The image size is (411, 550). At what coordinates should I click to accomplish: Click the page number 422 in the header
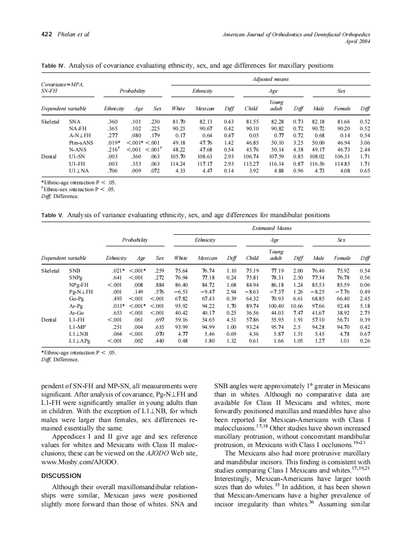pyautogui.click(x=46, y=34)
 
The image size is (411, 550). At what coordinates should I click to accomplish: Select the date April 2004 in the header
pyautogui.click(x=358, y=41)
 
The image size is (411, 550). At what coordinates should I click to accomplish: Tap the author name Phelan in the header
pyautogui.click(x=67, y=34)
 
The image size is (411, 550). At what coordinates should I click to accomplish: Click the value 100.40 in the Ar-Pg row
pyautogui.click(x=277, y=306)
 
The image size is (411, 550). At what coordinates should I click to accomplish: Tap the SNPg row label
pyautogui.click(x=76, y=277)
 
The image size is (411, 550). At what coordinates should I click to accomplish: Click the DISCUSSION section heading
pyautogui.click(x=61, y=475)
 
